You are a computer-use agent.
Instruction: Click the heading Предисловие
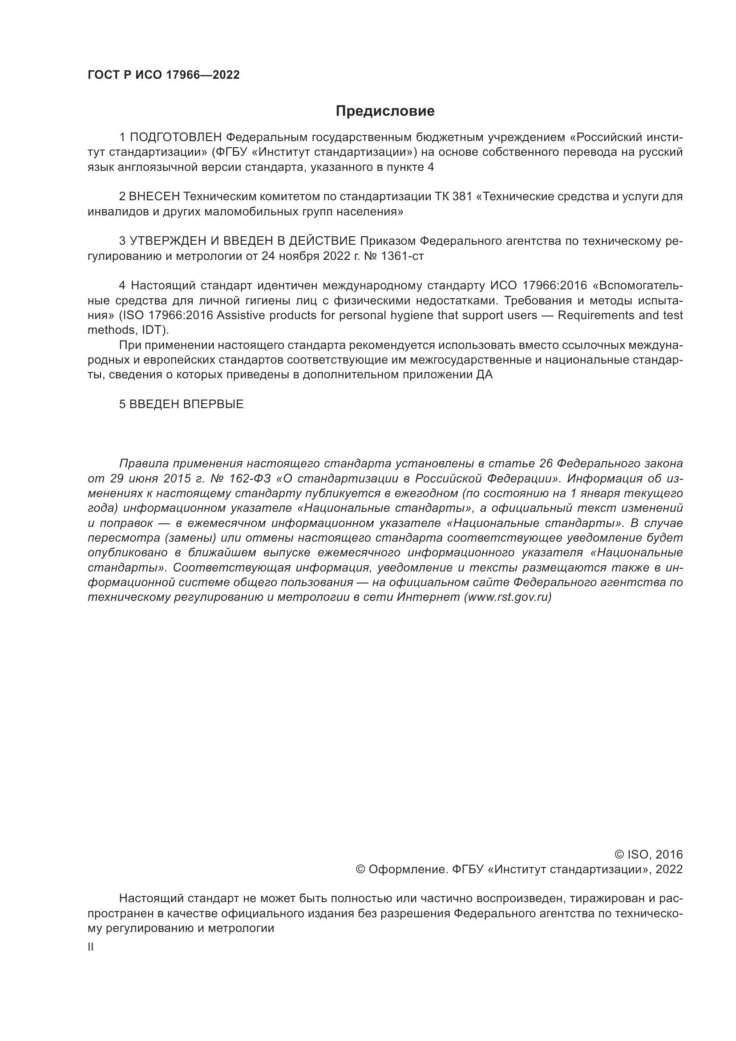tap(385, 111)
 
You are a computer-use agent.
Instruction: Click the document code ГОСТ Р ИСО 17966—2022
tap(164, 75)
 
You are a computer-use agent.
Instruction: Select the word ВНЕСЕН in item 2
tap(154, 197)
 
